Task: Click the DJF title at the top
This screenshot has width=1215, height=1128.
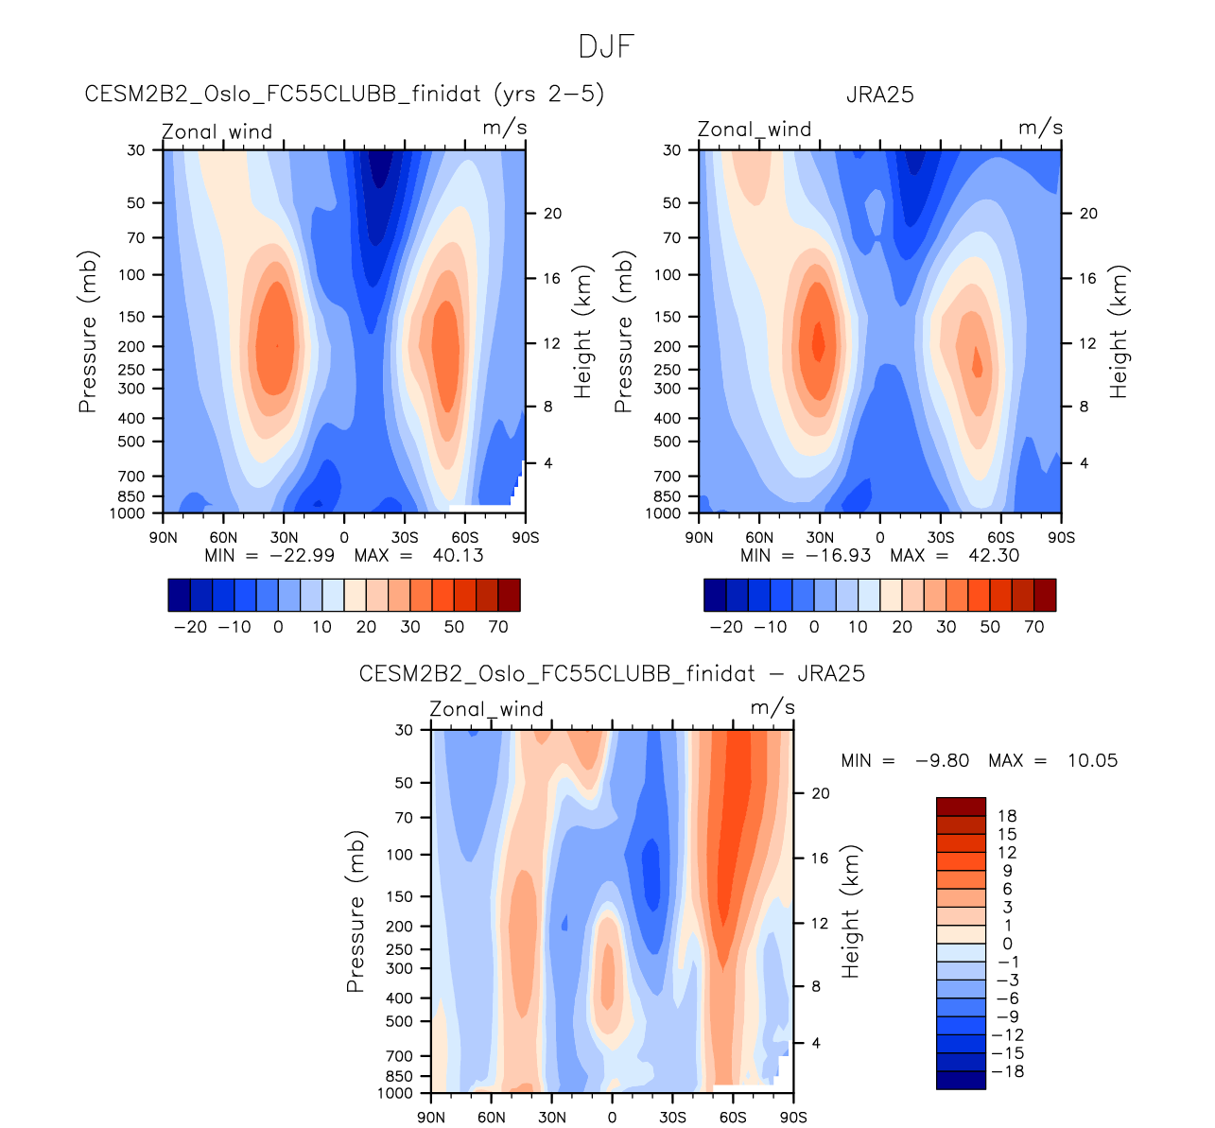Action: pos(606,46)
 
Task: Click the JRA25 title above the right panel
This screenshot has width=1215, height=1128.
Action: pos(879,95)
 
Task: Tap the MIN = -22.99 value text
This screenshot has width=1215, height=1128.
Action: pos(270,555)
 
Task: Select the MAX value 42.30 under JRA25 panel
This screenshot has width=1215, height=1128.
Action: pos(993,555)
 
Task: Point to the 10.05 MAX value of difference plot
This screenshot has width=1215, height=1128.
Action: pos(1092,760)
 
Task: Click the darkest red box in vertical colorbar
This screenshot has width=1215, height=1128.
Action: pos(961,807)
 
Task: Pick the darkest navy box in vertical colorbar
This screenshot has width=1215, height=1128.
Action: pos(961,1080)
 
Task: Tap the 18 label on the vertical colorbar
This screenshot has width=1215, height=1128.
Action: pos(1007,816)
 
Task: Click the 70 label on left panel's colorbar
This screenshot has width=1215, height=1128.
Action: pos(498,627)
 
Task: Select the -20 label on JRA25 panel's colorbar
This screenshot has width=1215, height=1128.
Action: pos(726,627)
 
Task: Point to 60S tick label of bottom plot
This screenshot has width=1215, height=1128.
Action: pos(733,1118)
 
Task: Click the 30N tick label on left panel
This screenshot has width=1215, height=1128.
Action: pos(283,538)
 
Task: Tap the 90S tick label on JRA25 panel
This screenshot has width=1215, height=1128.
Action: pos(1061,538)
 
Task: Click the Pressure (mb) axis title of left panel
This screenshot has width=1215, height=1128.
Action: pos(88,332)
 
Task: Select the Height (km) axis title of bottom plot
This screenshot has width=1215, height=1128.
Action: pos(852,911)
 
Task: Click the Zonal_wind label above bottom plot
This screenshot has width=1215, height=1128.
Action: pos(486,709)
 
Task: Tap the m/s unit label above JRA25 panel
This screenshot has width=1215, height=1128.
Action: pos(1040,128)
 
